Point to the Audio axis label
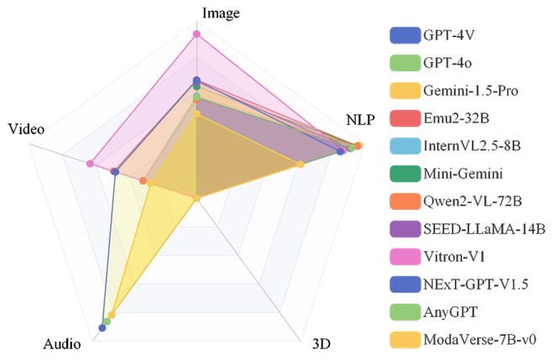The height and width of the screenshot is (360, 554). (x=62, y=343)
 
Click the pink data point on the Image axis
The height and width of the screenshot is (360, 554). (x=196, y=34)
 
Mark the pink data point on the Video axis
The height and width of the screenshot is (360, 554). (x=90, y=164)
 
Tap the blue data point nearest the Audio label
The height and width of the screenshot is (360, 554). (x=102, y=328)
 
